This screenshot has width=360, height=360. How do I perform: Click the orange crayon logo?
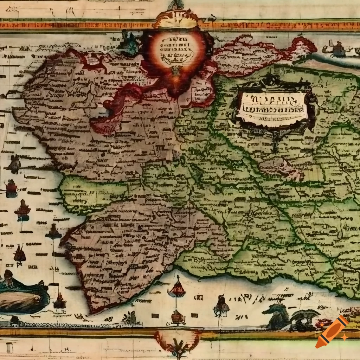332,332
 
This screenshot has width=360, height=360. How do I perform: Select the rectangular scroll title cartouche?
272,106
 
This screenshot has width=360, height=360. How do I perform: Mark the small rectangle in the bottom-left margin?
9,348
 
